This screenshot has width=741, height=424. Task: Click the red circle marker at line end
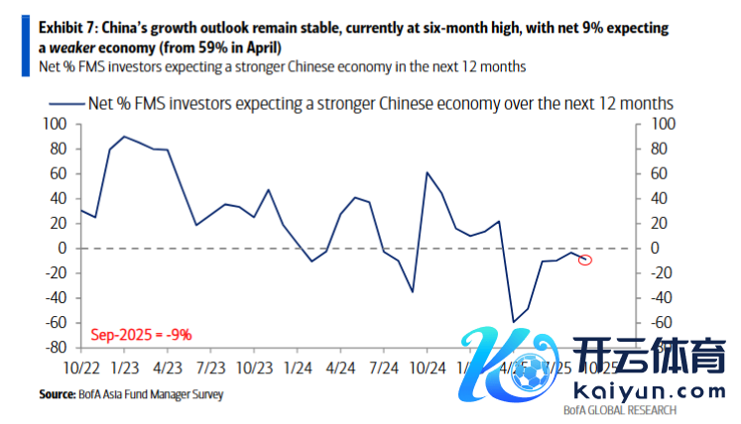coord(585,260)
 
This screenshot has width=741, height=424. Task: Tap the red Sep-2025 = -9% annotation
coord(142,335)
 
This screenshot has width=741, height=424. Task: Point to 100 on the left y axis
coord(54,124)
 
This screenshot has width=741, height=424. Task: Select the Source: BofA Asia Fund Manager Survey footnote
coord(131,394)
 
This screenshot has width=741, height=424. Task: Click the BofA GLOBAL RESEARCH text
coord(619,410)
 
